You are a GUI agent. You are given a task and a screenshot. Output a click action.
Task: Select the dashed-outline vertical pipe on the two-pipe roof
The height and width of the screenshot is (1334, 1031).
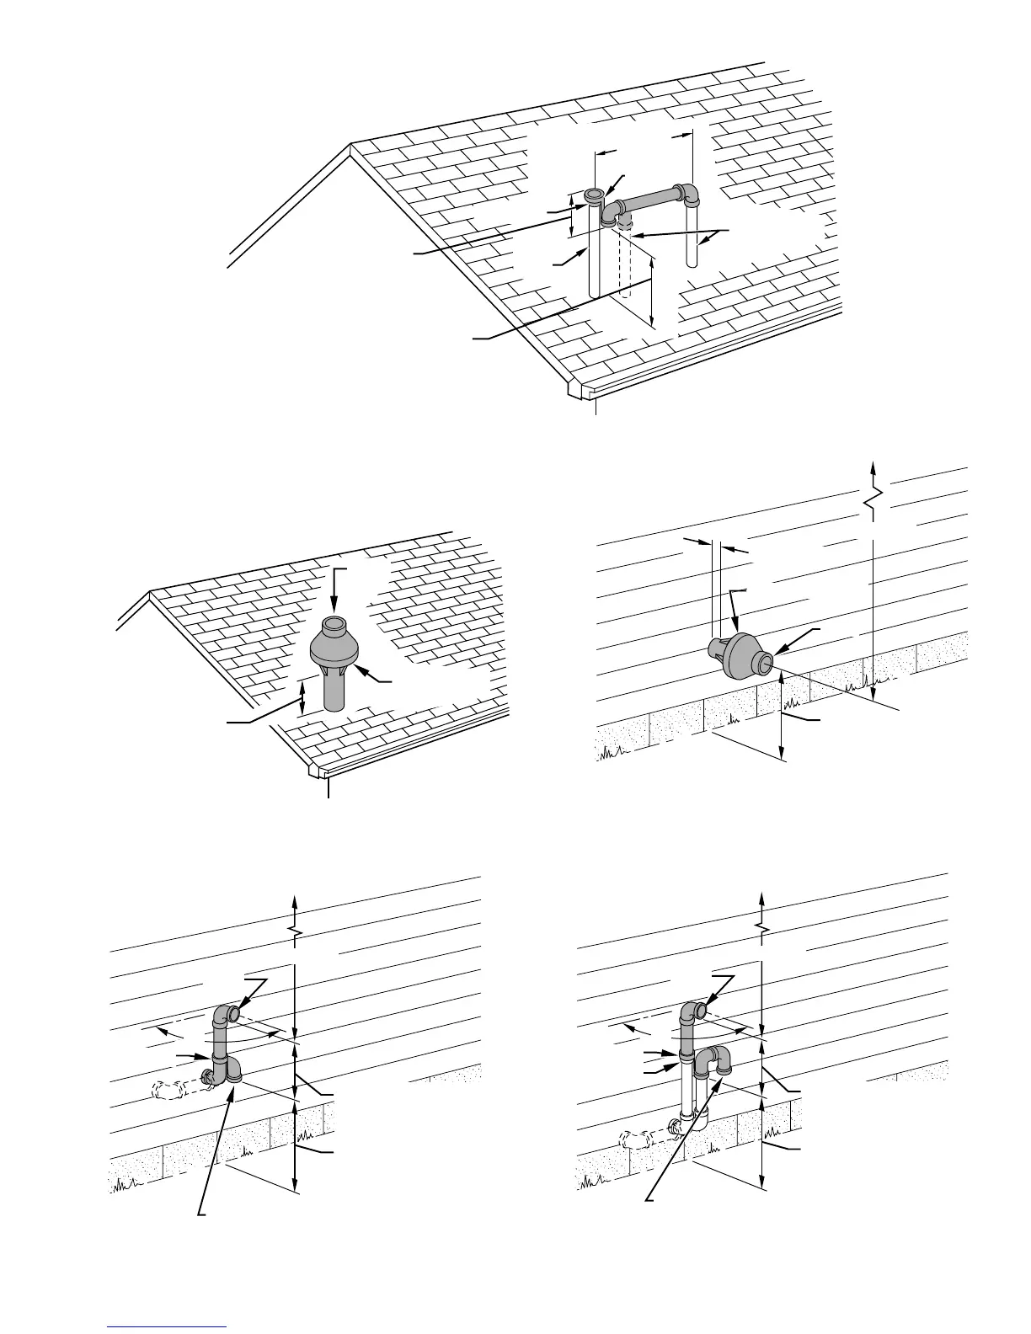625,261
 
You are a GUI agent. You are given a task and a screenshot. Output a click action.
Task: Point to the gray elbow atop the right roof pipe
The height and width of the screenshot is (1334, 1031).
689,195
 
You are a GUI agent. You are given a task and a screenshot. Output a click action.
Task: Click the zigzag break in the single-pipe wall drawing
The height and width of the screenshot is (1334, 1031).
294,930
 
